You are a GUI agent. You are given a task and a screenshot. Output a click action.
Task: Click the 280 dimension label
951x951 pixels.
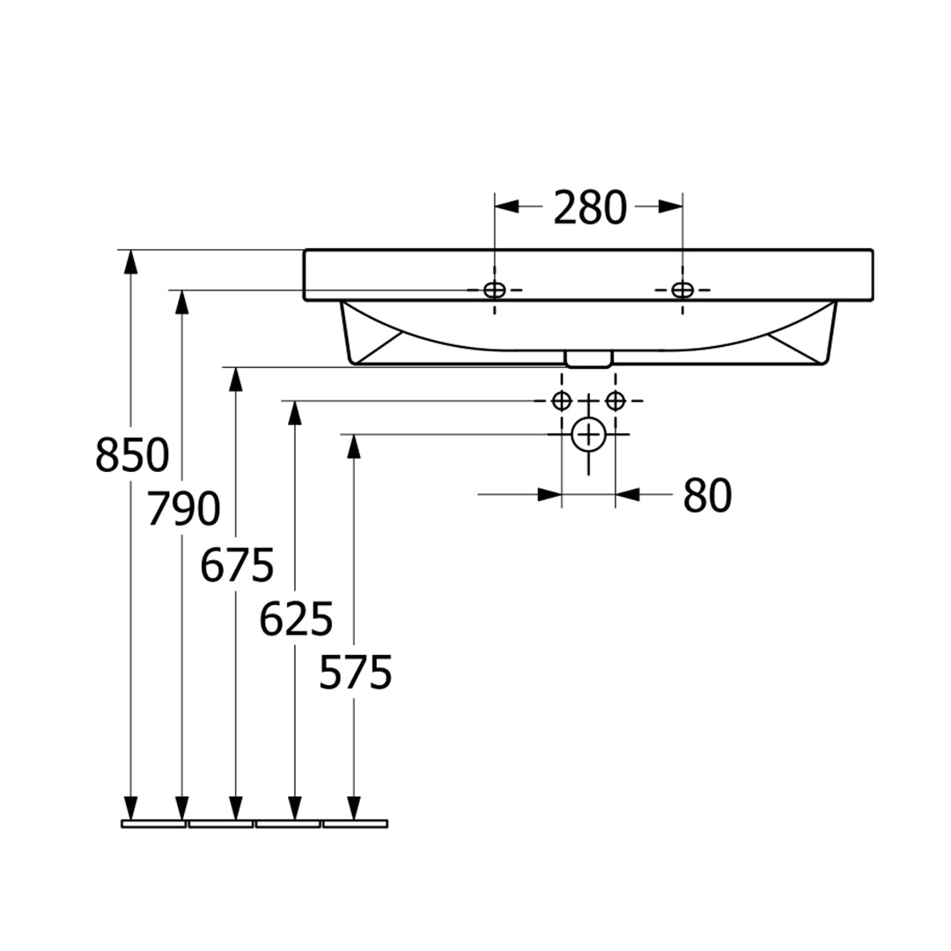(x=589, y=208)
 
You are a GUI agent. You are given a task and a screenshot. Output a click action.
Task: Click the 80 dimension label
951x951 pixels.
(x=707, y=496)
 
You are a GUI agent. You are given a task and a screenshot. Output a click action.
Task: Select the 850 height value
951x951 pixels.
(x=132, y=455)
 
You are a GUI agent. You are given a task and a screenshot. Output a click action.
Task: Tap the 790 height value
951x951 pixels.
(x=184, y=509)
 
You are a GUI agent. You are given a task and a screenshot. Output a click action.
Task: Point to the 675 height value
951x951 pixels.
(x=237, y=564)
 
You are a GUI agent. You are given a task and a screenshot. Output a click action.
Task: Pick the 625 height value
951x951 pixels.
(x=296, y=619)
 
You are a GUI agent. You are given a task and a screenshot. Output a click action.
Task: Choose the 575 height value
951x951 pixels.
(x=356, y=672)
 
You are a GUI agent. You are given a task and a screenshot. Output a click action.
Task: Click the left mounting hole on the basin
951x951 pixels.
(x=494, y=290)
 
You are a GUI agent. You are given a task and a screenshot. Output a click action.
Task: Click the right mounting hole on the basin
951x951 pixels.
(x=682, y=290)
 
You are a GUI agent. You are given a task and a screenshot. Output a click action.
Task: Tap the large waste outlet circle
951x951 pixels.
(x=588, y=434)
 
